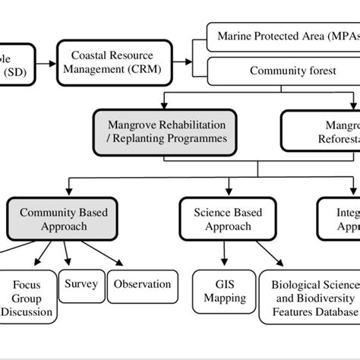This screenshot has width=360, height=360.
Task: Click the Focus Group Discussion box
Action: pos(26,298)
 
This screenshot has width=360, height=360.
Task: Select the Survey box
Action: pos(81,286)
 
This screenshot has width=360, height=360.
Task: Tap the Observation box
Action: pos(142,286)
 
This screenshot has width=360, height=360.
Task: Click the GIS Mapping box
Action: pos(219,291)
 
